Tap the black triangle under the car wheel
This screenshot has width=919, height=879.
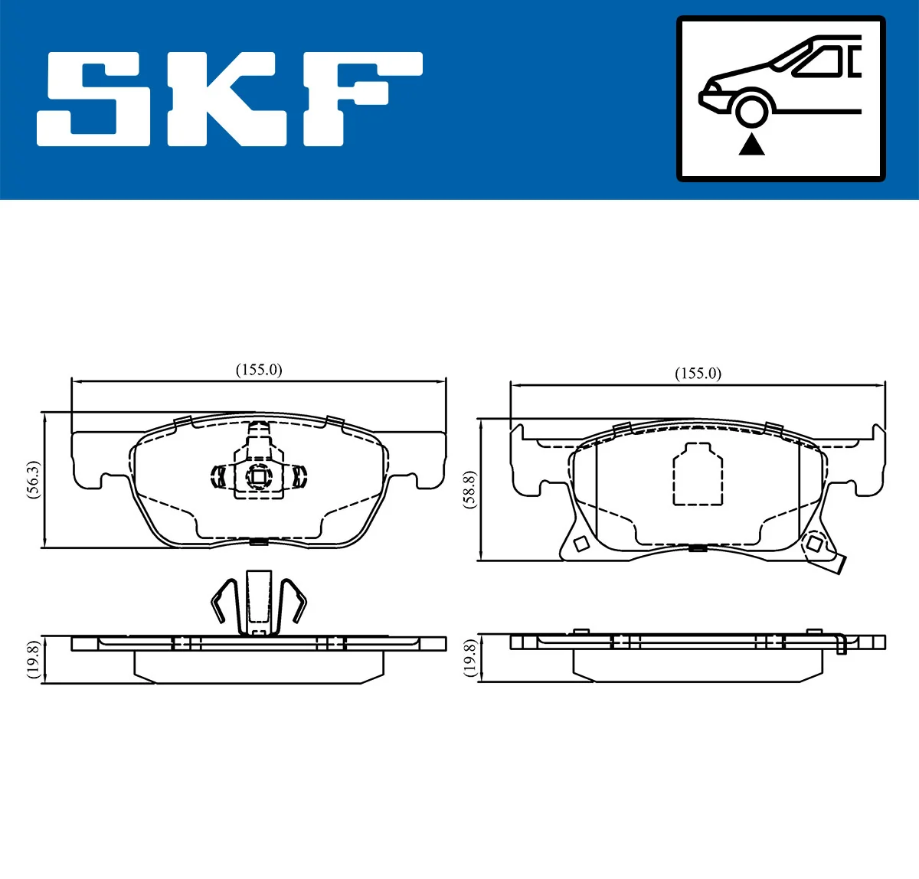point(752,144)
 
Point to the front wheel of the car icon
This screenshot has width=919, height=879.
point(752,109)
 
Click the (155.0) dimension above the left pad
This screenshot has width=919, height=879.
point(259,370)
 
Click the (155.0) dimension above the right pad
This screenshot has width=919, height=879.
point(698,374)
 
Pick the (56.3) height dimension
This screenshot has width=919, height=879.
point(33,480)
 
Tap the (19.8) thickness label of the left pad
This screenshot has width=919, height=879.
point(33,658)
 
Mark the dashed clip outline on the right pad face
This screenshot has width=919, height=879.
point(698,475)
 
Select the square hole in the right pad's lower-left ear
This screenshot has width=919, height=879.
point(581,544)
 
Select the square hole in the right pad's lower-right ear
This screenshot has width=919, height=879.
point(814,544)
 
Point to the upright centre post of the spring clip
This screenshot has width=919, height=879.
point(259,601)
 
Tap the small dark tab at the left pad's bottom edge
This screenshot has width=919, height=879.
point(259,542)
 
